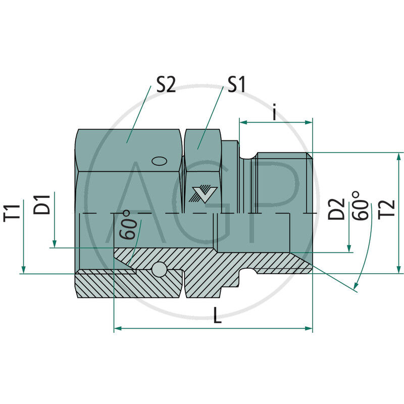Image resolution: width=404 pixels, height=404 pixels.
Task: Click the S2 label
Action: pyautogui.click(x=166, y=84)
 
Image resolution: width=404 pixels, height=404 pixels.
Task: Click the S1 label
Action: pyautogui.click(x=236, y=84)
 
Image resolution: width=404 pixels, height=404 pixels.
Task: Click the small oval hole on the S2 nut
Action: pyautogui.click(x=159, y=161)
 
